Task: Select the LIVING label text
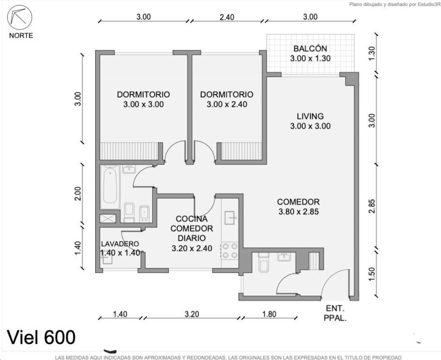pyautogui.click(x=310, y=116)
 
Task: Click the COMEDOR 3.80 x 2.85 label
pyautogui.click(x=298, y=207)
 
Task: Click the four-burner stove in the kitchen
pyautogui.click(x=230, y=251)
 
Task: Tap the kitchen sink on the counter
pyautogui.click(x=231, y=217)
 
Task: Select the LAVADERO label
pyautogui.click(x=120, y=244)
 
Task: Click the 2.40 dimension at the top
pyautogui.click(x=227, y=17)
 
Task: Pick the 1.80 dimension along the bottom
pyautogui.click(x=269, y=314)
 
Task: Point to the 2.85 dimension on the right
pyautogui.click(x=372, y=206)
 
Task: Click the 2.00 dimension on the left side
pyautogui.click(x=78, y=194)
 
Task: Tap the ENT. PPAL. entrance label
pyautogui.click(x=335, y=313)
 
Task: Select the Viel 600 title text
pyautogui.click(x=41, y=337)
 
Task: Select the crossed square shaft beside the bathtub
pyautogui.click(x=108, y=219)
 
